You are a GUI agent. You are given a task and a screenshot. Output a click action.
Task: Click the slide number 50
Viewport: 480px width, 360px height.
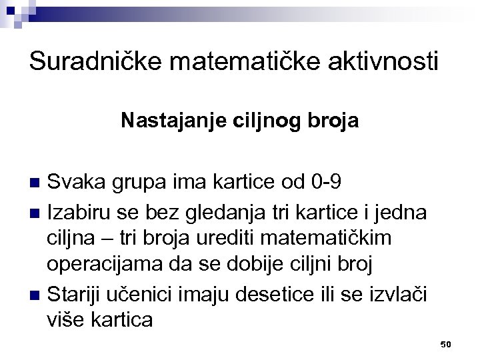pos(446,343)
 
